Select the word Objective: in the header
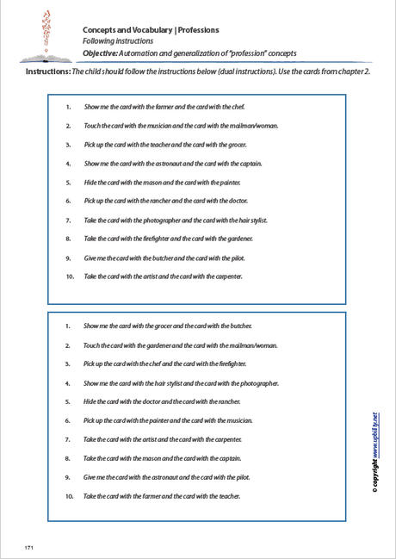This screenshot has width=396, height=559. click(104, 53)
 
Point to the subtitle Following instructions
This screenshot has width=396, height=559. click(118, 41)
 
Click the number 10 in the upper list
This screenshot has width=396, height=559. click(70, 276)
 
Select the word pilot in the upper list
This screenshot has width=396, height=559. click(226, 258)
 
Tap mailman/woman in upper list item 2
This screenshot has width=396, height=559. click(258, 126)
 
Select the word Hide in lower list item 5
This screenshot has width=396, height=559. click(90, 401)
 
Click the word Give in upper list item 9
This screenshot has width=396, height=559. click(91, 258)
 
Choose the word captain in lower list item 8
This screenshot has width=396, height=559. click(228, 458)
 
